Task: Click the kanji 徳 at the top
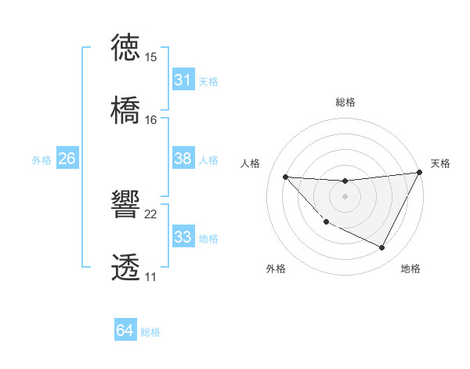click(126, 46)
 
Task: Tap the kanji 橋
click(126, 109)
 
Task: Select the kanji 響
click(126, 205)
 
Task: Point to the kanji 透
click(126, 268)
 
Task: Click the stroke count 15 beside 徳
click(151, 57)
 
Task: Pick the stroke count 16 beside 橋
click(151, 120)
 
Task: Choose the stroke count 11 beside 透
click(151, 278)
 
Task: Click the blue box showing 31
click(183, 80)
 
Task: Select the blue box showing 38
click(183, 159)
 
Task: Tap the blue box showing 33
click(183, 237)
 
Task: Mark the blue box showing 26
click(67, 159)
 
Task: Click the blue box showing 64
click(125, 331)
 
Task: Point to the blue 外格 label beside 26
click(42, 160)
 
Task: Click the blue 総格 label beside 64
click(150, 332)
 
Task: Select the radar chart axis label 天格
click(440, 163)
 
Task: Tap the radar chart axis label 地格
click(410, 269)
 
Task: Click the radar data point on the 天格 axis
click(420, 173)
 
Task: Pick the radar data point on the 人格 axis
click(285, 177)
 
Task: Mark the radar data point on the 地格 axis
click(382, 248)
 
